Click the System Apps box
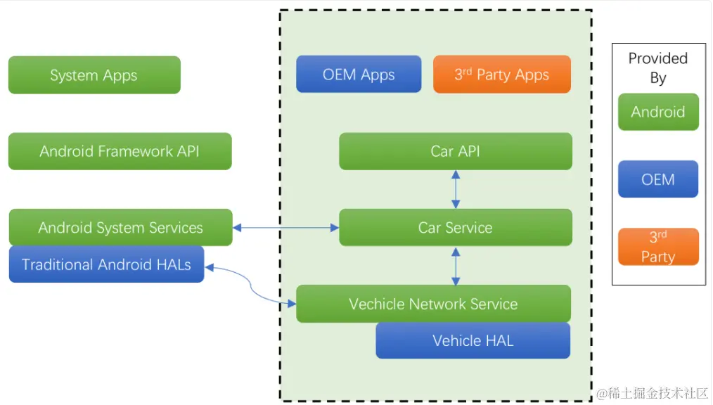pyautogui.click(x=95, y=75)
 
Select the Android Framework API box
pyautogui.click(x=120, y=151)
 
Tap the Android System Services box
pyautogui.click(x=120, y=227)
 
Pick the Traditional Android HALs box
pyautogui.click(x=106, y=264)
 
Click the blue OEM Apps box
pyautogui.click(x=359, y=74)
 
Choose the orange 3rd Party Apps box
pyautogui.click(x=502, y=74)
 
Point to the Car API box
pyautogui.click(x=456, y=151)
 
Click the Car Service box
pyautogui.click(x=456, y=227)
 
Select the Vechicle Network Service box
pyautogui.click(x=433, y=304)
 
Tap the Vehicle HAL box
pyautogui.click(x=473, y=340)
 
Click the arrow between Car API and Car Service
pyautogui.click(x=456, y=190)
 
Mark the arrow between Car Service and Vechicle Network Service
pyautogui.click(x=456, y=266)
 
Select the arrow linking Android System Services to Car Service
pyautogui.click(x=285, y=227)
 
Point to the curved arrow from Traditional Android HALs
pyautogui.click(x=250, y=284)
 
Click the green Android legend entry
pyautogui.click(x=658, y=112)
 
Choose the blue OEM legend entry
pyautogui.click(x=658, y=179)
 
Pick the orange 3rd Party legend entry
pyautogui.click(x=658, y=246)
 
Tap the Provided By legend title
pyautogui.click(x=658, y=67)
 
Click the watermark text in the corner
pyautogui.click(x=653, y=394)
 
